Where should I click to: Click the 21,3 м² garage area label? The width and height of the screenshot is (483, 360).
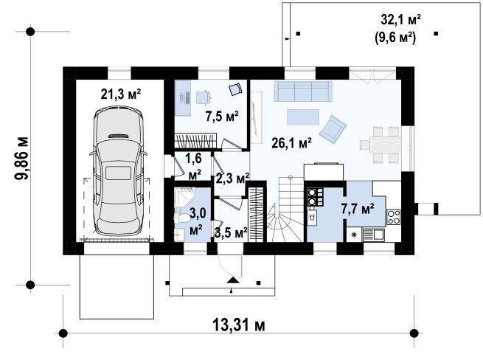point(121,94)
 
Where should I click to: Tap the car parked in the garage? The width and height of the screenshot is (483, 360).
point(118,171)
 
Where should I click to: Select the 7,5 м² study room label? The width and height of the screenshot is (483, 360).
point(222,117)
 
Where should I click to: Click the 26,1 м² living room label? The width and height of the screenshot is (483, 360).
point(291,143)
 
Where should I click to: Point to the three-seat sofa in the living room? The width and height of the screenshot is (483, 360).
point(303,91)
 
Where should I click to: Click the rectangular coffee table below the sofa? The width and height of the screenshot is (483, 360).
point(303,117)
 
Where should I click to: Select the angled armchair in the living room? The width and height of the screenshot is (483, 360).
point(333,129)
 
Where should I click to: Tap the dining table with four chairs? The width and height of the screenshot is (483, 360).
point(381,145)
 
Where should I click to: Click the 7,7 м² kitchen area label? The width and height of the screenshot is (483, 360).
point(358,209)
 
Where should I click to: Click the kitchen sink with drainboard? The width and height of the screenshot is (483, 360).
point(373,235)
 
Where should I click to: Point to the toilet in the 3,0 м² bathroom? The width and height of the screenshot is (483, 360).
point(183,218)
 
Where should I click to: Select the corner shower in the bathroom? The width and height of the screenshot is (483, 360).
point(184,197)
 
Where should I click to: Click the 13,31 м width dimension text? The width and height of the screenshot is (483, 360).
point(239,325)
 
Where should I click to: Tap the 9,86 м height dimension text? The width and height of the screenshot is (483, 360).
point(22,158)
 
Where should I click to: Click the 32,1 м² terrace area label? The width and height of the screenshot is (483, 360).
point(400,20)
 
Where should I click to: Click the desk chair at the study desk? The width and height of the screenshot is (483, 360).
point(204,97)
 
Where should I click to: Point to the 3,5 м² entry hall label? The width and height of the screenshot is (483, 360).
point(231,233)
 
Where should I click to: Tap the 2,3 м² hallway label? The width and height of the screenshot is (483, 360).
point(232,179)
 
